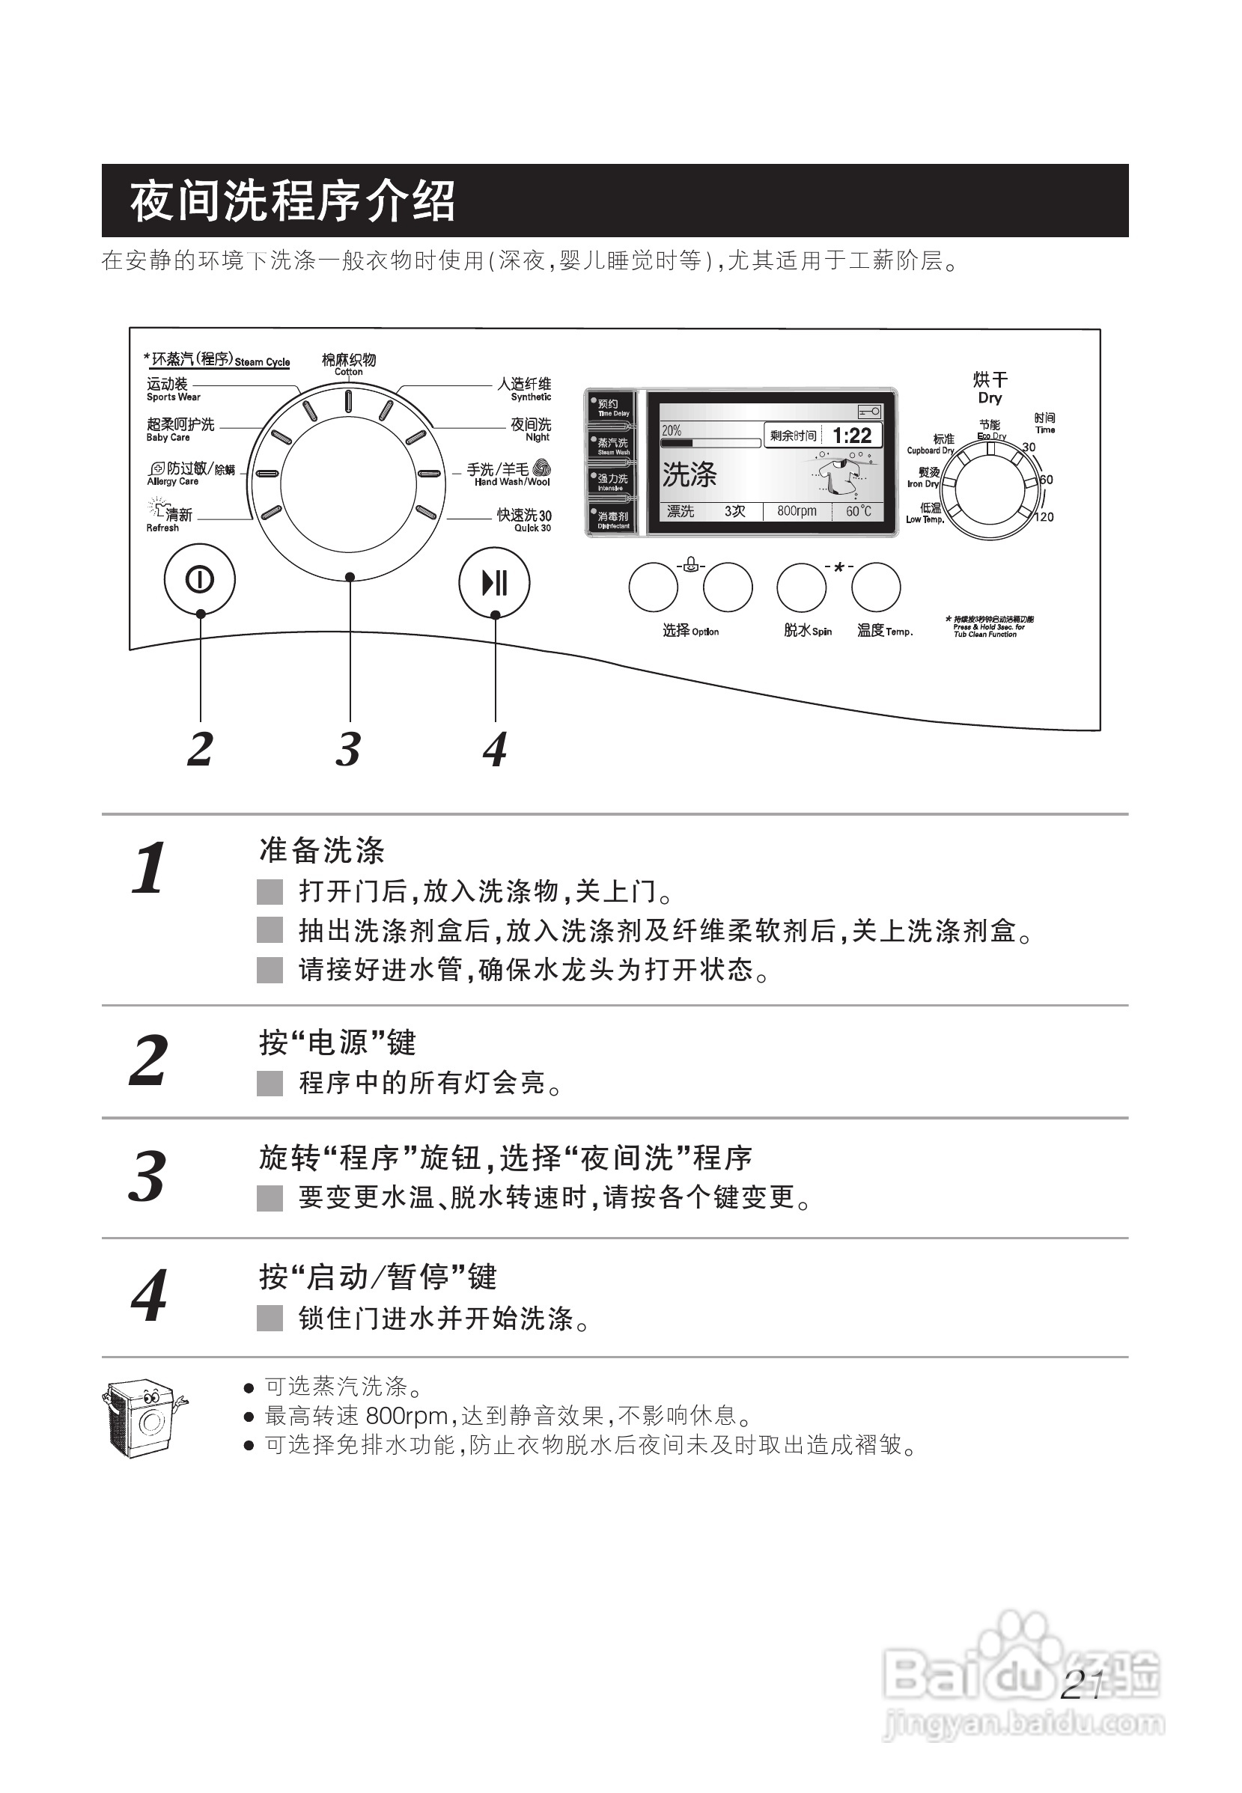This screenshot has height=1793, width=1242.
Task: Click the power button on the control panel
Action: click(x=199, y=579)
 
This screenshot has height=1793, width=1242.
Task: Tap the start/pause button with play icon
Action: click(x=494, y=583)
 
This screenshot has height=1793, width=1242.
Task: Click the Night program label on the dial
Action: click(x=532, y=430)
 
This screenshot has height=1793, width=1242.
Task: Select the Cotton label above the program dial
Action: click(x=349, y=363)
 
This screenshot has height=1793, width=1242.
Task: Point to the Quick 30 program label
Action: click(x=525, y=519)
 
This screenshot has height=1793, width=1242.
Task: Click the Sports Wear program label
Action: click(x=172, y=389)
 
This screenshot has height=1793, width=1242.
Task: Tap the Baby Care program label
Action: click(x=179, y=430)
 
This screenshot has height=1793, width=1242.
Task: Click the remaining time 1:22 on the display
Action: click(x=851, y=436)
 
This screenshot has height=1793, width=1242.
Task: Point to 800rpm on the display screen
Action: click(x=796, y=511)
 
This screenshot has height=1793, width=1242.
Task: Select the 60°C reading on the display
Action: click(x=859, y=511)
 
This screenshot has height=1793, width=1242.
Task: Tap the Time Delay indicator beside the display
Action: click(x=611, y=407)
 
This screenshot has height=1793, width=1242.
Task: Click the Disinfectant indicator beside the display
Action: click(x=612, y=519)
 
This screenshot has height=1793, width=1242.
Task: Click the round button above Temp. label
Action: click(x=875, y=587)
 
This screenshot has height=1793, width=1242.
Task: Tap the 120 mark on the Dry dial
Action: click(x=1044, y=516)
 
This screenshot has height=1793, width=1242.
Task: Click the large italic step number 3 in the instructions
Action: click(x=147, y=1177)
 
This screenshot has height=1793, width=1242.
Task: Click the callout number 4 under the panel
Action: click(x=495, y=749)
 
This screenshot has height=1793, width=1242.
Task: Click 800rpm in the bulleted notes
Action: click(x=407, y=1415)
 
